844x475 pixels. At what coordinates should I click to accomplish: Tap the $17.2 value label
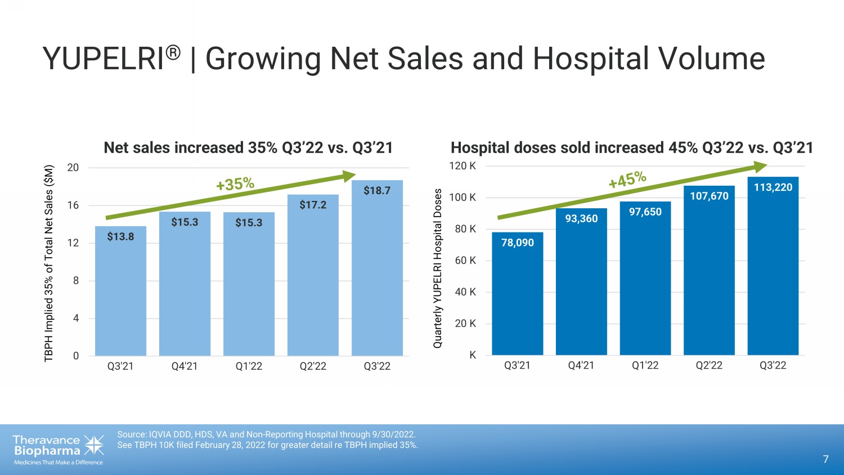coord(313,205)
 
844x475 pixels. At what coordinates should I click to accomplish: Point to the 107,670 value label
coord(709,196)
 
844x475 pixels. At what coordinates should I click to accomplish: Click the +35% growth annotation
coord(235,184)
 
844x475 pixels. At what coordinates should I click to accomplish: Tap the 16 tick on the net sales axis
coord(73,205)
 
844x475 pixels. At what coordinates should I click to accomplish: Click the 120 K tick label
coord(462,166)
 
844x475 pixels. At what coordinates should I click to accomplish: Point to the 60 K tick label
coord(465,261)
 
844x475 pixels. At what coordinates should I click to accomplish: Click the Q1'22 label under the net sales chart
coord(249,366)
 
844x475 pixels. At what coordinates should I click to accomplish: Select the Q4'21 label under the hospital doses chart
coord(581,366)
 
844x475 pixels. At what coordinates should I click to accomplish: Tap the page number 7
coord(825,459)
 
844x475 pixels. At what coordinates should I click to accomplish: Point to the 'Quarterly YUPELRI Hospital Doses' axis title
coord(438,268)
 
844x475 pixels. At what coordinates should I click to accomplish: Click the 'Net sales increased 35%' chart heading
coord(248,147)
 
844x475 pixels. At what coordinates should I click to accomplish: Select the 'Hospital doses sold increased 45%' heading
coord(632,147)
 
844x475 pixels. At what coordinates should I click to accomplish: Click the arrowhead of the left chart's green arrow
coord(350,176)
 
